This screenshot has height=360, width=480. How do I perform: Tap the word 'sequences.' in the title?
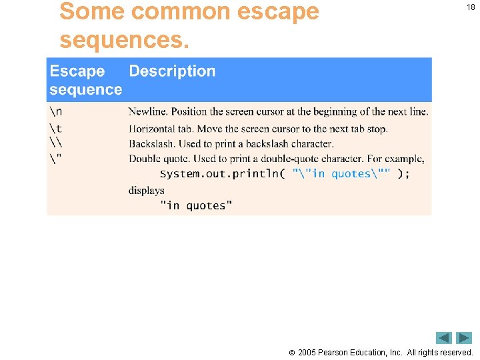click(124, 40)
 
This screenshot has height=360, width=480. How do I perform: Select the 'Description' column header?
click(172, 71)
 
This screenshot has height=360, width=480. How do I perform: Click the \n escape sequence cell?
click(55, 111)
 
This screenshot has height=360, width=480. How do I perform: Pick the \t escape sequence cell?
click(55, 128)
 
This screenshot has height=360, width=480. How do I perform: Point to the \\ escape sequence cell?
click(55, 143)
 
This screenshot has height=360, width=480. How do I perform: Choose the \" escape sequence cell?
click(55, 159)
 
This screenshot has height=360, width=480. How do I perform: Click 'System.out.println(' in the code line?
click(223, 174)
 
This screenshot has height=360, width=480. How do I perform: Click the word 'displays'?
click(146, 190)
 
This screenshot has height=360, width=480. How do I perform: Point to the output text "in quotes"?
click(196, 206)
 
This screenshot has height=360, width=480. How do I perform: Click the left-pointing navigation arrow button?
click(444, 338)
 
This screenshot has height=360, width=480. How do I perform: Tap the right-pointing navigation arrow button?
click(464, 338)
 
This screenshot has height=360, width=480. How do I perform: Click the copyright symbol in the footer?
click(292, 353)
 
